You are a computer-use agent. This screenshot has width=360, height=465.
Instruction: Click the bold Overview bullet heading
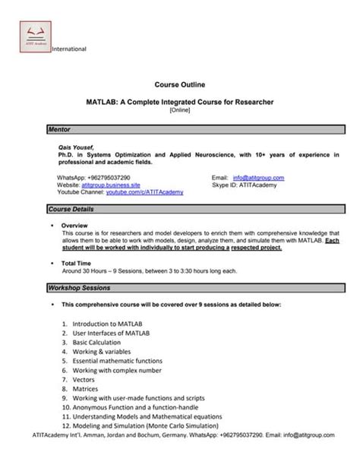(75, 226)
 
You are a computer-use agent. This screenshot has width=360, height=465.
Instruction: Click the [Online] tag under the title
(180, 109)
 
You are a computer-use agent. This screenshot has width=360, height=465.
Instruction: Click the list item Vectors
(86, 379)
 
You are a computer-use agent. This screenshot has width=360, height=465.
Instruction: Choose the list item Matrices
(88, 388)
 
